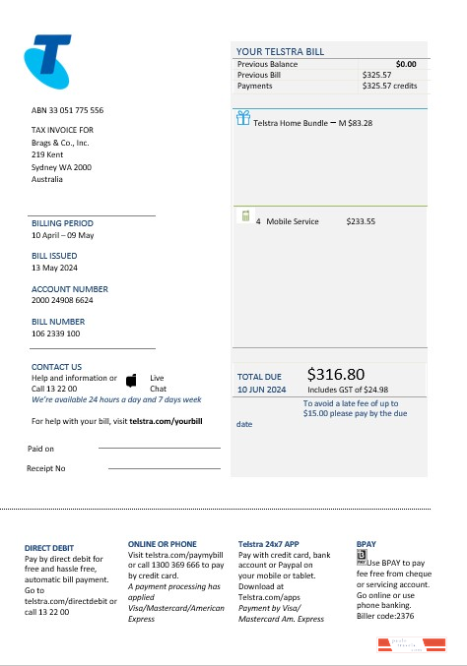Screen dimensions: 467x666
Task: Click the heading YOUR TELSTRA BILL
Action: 281,52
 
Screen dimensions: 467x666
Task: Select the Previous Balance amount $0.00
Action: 406,64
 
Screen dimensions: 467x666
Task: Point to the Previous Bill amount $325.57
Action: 377,75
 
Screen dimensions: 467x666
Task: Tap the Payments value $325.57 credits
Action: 390,86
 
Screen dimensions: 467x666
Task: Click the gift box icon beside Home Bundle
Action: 243,120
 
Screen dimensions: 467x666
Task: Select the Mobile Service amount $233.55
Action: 361,221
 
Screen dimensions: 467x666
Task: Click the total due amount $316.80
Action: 336,374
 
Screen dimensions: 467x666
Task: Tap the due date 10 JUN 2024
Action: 262,390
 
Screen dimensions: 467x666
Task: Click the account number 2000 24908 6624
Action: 62,301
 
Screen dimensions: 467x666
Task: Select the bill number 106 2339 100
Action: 56,333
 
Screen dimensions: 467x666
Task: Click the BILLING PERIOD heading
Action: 62,223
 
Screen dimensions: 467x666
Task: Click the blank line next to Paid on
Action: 159,448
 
